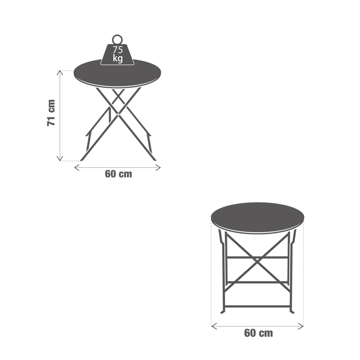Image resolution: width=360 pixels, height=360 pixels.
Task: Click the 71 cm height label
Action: click(x=51, y=113)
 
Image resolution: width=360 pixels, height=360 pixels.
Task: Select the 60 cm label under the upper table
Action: click(x=118, y=174)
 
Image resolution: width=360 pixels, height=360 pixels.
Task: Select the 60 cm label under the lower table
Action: click(x=258, y=333)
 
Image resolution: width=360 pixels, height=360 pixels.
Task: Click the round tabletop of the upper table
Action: click(x=117, y=73)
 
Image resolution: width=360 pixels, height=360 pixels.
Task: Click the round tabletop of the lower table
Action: click(x=258, y=218)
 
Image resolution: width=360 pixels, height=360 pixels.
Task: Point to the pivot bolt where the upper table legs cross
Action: click(x=118, y=114)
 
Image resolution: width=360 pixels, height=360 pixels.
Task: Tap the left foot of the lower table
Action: click(x=222, y=311)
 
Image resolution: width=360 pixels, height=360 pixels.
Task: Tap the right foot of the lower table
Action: click(x=292, y=311)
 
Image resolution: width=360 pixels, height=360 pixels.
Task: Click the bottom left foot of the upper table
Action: click(x=82, y=159)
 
